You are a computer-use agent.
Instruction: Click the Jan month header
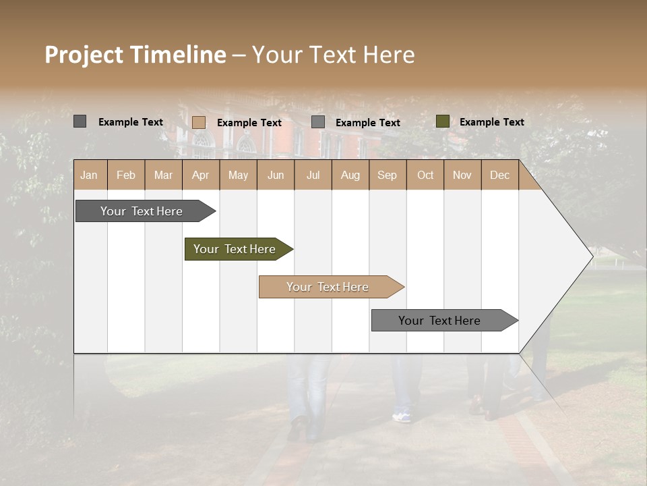(89, 175)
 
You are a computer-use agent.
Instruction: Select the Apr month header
(200, 175)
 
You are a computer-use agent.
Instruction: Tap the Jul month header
(313, 175)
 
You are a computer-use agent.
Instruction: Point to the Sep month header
(387, 175)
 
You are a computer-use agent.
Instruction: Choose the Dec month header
(499, 175)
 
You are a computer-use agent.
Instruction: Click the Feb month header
(126, 175)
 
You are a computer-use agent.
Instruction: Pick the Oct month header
(425, 175)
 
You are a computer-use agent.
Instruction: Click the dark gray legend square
(80, 122)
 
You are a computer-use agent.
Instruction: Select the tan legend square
(198, 122)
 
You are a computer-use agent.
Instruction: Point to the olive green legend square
(442, 122)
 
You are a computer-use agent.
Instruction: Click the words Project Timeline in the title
(135, 55)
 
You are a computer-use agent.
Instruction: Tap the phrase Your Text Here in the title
(333, 55)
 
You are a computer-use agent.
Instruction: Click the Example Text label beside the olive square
(491, 122)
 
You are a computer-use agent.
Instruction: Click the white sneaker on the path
(402, 417)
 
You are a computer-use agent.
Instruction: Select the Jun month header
(276, 175)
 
